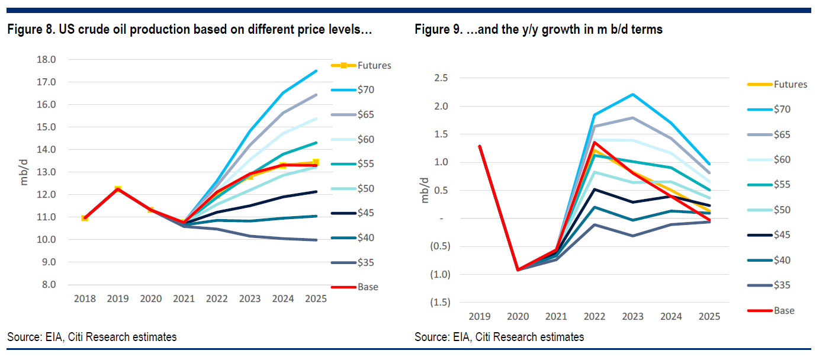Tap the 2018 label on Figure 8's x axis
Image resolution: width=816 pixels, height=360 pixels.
85,299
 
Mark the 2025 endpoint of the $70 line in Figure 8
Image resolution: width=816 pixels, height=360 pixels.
316,71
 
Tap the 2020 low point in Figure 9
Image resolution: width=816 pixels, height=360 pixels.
518,270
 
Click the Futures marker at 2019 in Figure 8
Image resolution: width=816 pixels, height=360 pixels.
118,189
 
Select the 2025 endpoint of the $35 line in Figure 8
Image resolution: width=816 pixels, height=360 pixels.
316,240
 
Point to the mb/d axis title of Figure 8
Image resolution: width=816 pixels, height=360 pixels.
24,172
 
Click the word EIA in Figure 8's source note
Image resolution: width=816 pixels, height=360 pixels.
55,337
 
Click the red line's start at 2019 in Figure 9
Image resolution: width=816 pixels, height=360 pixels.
479,146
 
